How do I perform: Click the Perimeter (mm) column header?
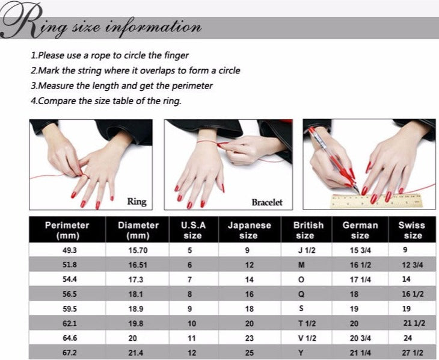tap(67, 230)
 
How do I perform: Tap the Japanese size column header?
tap(249, 230)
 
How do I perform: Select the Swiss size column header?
tap(412, 230)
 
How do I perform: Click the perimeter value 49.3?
tap(69, 250)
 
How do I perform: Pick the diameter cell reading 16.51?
tap(138, 265)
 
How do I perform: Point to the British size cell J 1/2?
tap(307, 250)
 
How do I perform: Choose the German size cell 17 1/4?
tap(360, 279)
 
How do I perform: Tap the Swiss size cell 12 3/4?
tap(413, 265)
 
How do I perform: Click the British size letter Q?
tap(301, 294)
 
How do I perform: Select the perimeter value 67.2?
tap(70, 352)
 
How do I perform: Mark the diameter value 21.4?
tap(136, 352)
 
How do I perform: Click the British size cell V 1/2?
tap(307, 338)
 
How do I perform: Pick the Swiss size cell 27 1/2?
tap(413, 352)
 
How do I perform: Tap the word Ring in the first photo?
tap(137, 202)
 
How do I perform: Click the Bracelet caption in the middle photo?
tap(267, 202)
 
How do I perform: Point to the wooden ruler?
tap(376, 201)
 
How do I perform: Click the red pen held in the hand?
tap(334, 160)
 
